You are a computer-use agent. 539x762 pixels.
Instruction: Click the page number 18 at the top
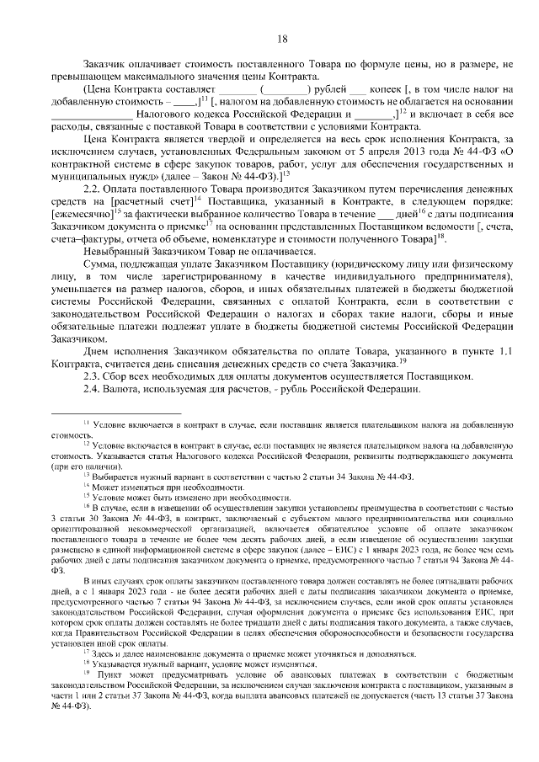pos(282,39)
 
